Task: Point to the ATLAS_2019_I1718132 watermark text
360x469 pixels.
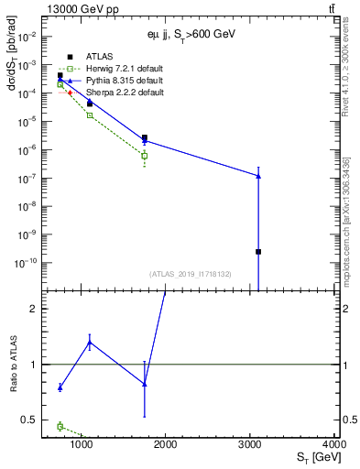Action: point(190,273)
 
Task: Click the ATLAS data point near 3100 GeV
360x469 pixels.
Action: point(258,251)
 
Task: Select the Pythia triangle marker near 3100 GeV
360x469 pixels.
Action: point(258,176)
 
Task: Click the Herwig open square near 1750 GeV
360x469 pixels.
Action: point(145,156)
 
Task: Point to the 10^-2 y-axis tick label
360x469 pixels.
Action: point(27,37)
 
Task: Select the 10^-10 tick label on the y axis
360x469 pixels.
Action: point(26,263)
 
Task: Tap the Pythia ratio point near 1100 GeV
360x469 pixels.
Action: point(89,343)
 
